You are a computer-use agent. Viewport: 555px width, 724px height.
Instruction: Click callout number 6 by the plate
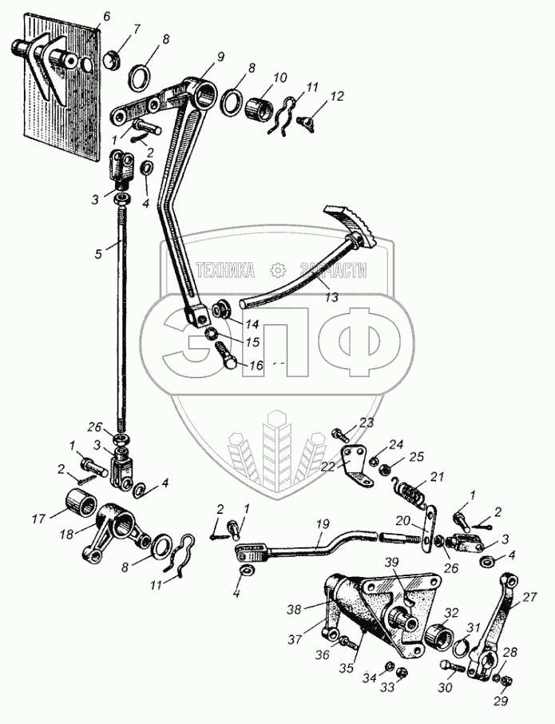pyautogui.click(x=107, y=16)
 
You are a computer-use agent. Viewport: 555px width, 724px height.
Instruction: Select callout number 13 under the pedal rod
pyautogui.click(x=331, y=296)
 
